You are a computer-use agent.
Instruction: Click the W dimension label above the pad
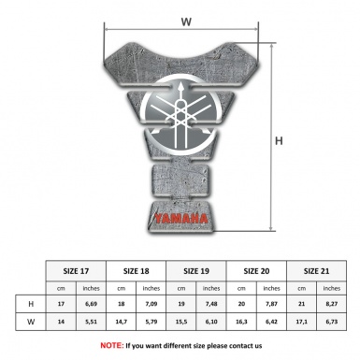click(186, 18)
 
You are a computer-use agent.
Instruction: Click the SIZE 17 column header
click(77, 268)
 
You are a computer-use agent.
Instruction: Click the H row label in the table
click(31, 305)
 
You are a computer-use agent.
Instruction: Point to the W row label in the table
click(31, 324)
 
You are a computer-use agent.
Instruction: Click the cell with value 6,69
click(91, 305)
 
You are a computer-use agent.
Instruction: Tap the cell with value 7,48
click(212, 305)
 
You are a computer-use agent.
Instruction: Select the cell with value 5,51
click(91, 324)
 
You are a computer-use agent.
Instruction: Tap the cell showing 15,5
click(182, 324)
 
